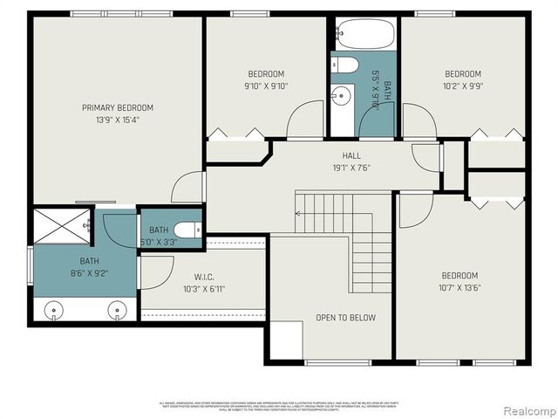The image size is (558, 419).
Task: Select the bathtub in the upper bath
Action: (365, 36)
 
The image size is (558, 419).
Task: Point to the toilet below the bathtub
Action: (345, 65)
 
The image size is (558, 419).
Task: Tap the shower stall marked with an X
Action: (60, 226)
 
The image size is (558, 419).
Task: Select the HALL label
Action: (327, 155)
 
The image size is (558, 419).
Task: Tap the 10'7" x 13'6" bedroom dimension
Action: (459, 287)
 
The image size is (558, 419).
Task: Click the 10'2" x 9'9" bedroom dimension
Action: (462, 86)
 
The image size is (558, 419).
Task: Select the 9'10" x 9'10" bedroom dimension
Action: (265, 86)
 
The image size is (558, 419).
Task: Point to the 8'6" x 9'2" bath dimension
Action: (90, 273)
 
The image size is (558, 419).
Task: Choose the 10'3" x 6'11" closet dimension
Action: (204, 289)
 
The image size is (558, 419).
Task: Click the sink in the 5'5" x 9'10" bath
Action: (342, 95)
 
